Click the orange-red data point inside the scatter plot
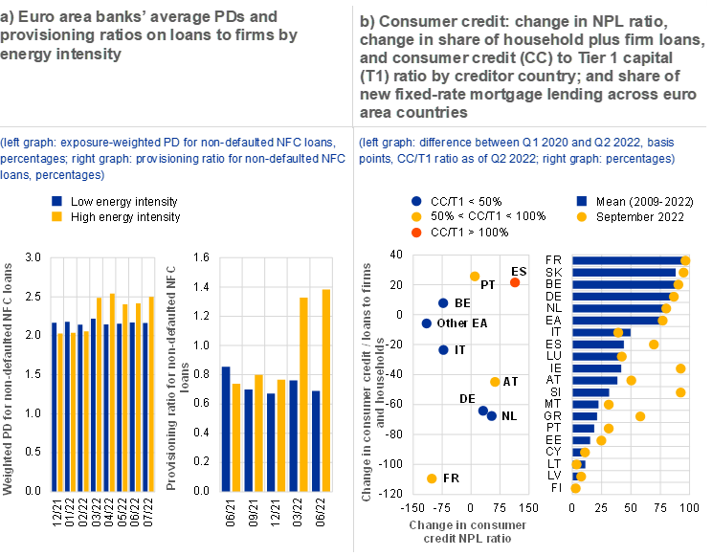[x=515, y=282]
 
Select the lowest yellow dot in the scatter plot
[x=432, y=478]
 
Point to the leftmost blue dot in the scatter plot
[x=427, y=323]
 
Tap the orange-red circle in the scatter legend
[x=416, y=233]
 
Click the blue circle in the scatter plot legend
[x=416, y=202]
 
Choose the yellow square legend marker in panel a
[x=57, y=217]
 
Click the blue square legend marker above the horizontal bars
[x=582, y=202]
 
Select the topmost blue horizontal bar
[x=628, y=260]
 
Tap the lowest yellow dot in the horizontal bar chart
[x=576, y=488]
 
